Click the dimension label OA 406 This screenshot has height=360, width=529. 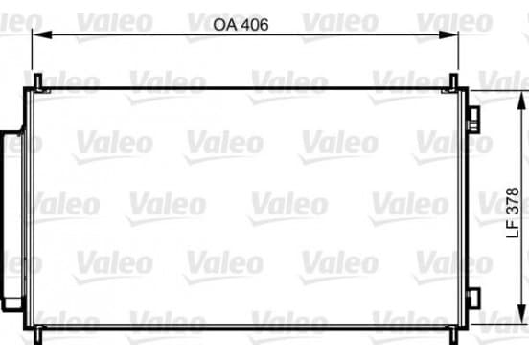[x=241, y=25]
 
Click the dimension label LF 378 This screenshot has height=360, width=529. [x=513, y=213]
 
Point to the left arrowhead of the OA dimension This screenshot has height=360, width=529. [x=42, y=34]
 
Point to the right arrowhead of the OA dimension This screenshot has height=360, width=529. [x=448, y=34]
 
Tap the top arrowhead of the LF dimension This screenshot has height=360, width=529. [x=521, y=101]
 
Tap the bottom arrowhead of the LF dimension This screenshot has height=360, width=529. [x=521, y=314]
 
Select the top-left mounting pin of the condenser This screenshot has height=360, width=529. [x=37, y=81]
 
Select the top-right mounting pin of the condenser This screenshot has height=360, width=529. [x=454, y=81]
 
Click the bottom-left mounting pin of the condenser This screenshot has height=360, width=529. [x=37, y=335]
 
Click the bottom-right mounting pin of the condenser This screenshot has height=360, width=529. [x=454, y=335]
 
